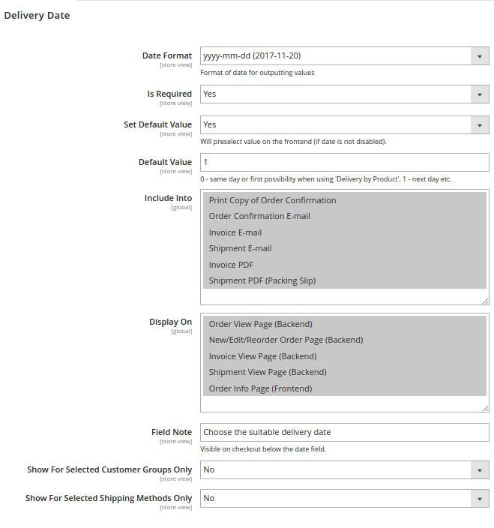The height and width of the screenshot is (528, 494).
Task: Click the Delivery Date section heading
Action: tap(37, 15)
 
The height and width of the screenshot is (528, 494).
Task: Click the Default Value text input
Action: tap(344, 162)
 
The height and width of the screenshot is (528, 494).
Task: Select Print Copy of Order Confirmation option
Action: tap(272, 200)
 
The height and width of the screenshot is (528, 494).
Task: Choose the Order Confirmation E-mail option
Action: tap(259, 216)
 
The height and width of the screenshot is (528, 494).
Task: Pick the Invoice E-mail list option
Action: tap(235, 232)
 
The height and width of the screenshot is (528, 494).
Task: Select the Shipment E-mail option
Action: tap(240, 248)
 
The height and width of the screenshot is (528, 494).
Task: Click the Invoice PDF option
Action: tap(231, 265)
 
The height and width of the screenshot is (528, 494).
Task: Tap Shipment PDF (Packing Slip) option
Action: tap(262, 280)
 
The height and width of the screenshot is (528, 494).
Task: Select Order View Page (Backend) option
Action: tap(260, 324)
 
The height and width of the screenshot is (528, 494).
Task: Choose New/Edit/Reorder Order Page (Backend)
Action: tap(286, 340)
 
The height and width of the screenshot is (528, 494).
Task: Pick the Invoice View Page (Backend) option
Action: tap(262, 356)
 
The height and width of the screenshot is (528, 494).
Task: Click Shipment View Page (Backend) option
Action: tap(268, 372)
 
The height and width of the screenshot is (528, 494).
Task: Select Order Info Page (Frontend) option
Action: tap(260, 388)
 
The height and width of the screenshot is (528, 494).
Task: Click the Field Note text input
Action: tap(344, 432)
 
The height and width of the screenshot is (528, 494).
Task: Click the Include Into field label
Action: tap(168, 199)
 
